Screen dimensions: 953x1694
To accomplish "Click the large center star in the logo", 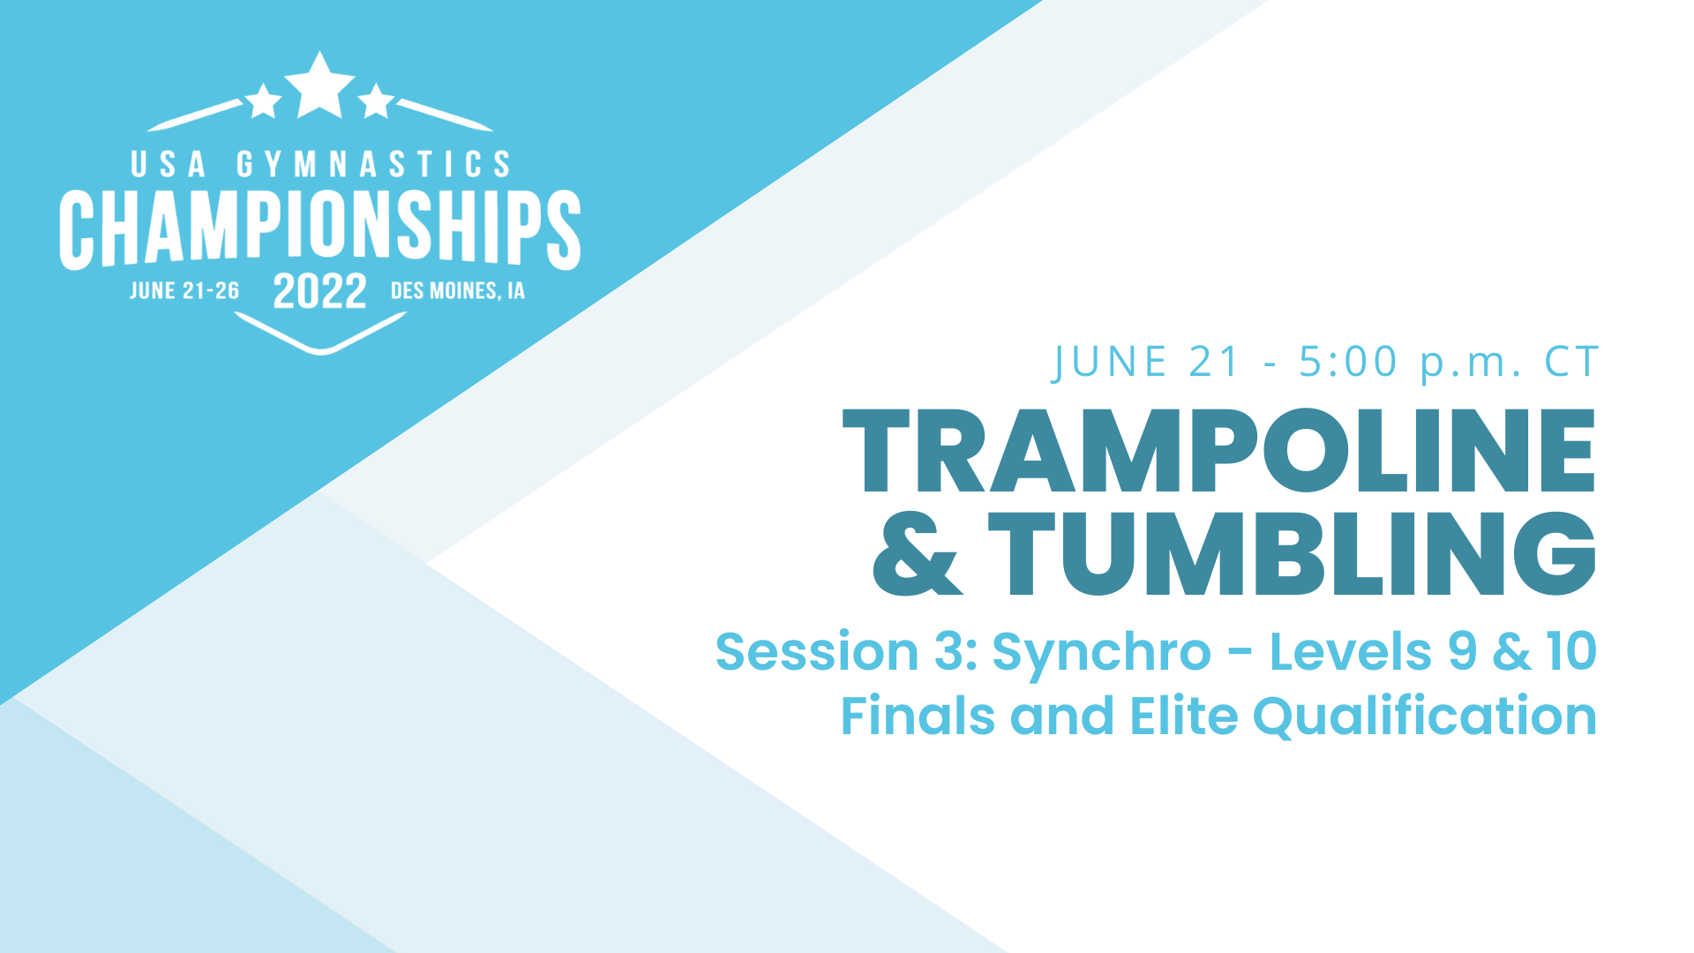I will pyautogui.click(x=319, y=86).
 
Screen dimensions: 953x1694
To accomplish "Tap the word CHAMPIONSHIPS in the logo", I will pyautogui.click(x=319, y=228).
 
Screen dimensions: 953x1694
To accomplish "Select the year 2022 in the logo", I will pyautogui.click(x=319, y=291).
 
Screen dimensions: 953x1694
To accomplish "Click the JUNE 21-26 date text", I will pyautogui.click(x=184, y=291).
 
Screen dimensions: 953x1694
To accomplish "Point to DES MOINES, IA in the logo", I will pyautogui.click(x=457, y=291).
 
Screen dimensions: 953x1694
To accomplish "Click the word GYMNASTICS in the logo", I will pyautogui.click(x=373, y=164).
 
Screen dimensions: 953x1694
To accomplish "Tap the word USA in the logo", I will pyautogui.click(x=169, y=164).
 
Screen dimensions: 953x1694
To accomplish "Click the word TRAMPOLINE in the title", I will pyautogui.click(x=1218, y=451).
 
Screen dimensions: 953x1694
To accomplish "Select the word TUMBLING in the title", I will pyautogui.click(x=1292, y=554).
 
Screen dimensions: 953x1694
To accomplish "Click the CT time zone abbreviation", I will pyautogui.click(x=1571, y=363).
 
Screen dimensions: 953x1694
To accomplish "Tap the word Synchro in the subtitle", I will pyautogui.click(x=1101, y=653).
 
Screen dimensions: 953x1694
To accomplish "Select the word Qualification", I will pyautogui.click(x=1424, y=717).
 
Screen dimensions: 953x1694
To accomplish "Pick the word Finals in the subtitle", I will pyautogui.click(x=918, y=716).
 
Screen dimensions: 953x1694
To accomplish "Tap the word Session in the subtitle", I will pyautogui.click(x=817, y=652).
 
